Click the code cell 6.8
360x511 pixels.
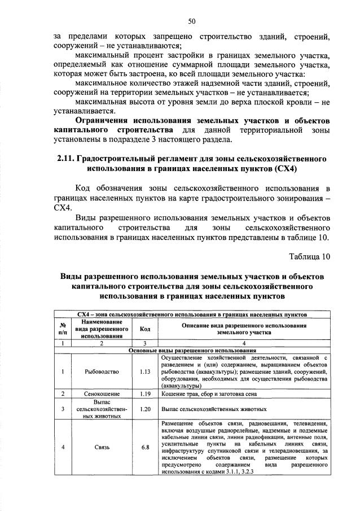pyautogui.click(x=144, y=447)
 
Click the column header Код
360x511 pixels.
pyautogui.click(x=144, y=329)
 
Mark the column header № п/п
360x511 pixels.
pyautogui.click(x=62, y=329)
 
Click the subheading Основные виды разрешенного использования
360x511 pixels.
pyautogui.click(x=192, y=351)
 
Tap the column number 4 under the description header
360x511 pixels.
pyautogui.click(x=244, y=343)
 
